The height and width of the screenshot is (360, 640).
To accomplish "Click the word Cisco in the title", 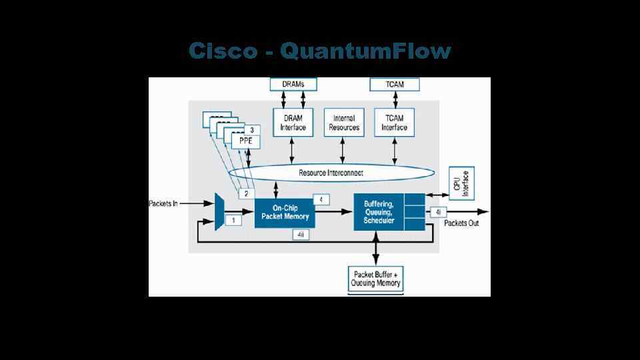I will tap(222, 51).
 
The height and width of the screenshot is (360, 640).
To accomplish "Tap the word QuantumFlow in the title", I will tap(366, 51).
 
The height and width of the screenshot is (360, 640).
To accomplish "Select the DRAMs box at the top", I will tap(293, 84).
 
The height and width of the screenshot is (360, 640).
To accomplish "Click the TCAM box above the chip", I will tap(395, 84).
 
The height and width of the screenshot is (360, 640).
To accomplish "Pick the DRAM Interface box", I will tap(292, 123).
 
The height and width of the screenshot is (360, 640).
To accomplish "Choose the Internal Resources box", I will tap(344, 123).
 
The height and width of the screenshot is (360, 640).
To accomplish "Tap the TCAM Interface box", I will tap(395, 123).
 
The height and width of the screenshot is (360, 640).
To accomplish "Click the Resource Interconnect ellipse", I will tap(331, 173).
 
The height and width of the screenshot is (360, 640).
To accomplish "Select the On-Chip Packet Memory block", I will tap(284, 211).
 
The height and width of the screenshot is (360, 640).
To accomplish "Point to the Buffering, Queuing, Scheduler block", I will tap(379, 211).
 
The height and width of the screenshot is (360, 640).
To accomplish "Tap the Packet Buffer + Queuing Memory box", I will tap(376, 279).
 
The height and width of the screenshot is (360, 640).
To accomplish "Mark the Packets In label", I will tap(163, 203).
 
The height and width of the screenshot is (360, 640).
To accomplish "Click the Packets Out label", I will tap(461, 223).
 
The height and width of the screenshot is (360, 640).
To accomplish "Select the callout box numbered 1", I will tap(233, 219).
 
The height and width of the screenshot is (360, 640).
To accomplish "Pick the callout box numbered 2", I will tap(246, 193).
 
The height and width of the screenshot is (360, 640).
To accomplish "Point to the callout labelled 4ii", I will tap(301, 235).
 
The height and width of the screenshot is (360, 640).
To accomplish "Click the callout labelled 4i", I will tap(437, 212).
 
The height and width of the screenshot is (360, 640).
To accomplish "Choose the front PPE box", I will tap(245, 141).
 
